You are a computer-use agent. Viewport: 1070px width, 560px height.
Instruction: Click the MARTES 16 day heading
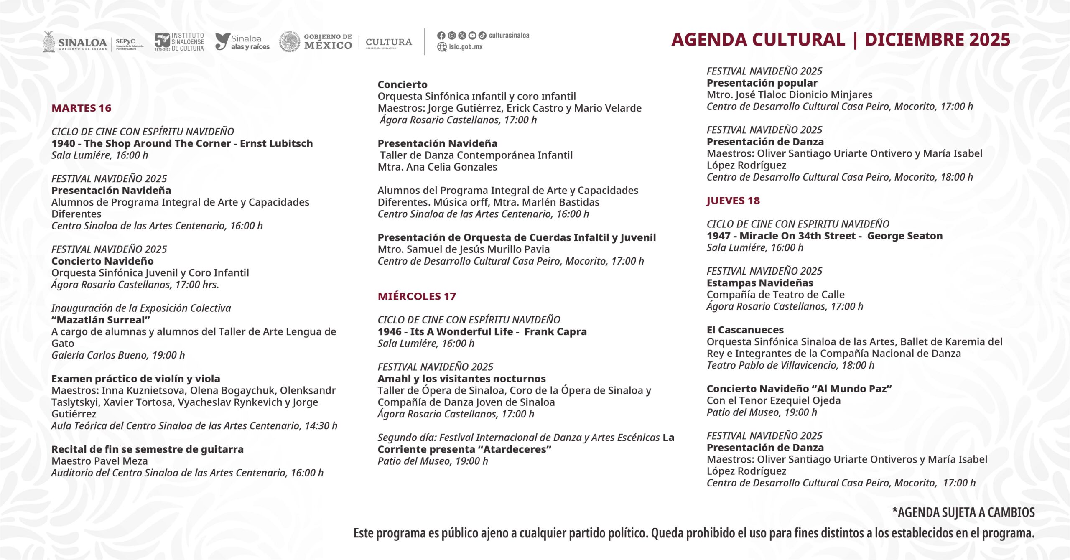tap(81, 108)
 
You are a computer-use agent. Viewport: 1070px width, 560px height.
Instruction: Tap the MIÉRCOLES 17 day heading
tap(416, 296)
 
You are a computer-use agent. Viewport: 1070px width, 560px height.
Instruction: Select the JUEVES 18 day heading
tap(733, 201)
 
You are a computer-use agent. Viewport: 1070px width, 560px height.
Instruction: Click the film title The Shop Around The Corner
tap(157, 143)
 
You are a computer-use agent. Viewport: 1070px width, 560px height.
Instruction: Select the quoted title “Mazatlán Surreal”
tap(101, 320)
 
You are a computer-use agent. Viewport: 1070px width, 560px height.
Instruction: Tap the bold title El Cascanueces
tap(745, 330)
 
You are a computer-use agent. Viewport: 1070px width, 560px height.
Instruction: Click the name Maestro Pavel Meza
tap(99, 461)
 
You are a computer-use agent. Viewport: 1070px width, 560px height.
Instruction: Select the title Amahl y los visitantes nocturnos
tap(461, 379)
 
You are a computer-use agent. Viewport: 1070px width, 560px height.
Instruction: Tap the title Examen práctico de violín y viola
tap(135, 379)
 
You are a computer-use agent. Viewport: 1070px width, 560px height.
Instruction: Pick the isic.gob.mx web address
tap(465, 47)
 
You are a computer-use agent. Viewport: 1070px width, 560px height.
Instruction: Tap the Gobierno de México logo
tap(316, 42)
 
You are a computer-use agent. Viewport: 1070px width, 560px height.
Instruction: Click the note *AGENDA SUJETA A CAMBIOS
tap(963, 513)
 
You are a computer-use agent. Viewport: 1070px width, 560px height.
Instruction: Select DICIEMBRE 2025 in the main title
tap(937, 40)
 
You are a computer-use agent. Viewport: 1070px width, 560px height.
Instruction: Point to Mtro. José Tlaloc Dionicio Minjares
tap(789, 95)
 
